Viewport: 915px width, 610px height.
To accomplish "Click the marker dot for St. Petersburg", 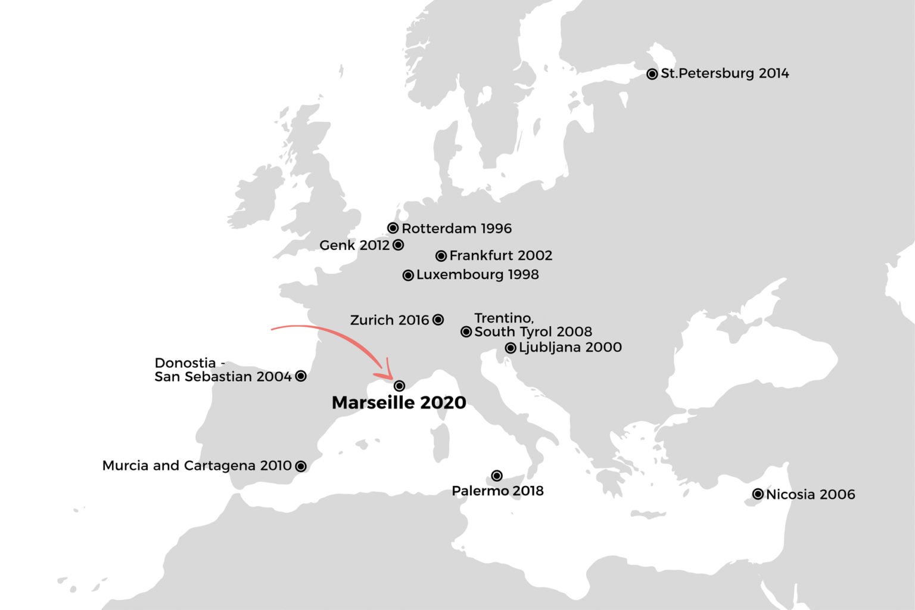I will coord(652,74).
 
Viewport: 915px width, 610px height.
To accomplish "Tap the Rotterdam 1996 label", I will coord(456,228).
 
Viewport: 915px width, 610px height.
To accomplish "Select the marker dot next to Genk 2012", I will coord(399,245).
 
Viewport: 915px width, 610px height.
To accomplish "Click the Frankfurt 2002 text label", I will coord(500,256).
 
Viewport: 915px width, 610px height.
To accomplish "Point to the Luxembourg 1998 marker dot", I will coord(408,275).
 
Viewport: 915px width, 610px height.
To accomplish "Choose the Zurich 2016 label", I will coord(390,320).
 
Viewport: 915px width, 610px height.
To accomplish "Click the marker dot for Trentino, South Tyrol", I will coord(466,332).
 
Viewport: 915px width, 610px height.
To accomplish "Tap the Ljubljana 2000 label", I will coord(570,348).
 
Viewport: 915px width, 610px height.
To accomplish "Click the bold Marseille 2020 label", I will coord(399,403).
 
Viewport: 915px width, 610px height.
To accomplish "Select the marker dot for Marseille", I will coord(399,386).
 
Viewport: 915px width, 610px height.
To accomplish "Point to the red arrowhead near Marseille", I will coord(386,372).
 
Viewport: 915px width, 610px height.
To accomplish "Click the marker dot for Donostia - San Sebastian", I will coord(301,376).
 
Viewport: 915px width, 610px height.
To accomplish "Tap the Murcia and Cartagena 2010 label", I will coord(197,466).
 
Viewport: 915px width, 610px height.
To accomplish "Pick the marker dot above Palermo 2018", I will coord(497,475).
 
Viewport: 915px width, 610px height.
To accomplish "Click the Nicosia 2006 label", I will coord(810,494).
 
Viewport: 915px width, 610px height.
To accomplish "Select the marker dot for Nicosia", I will coord(758,494).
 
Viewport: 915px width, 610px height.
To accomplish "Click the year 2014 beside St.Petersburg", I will coord(774,73).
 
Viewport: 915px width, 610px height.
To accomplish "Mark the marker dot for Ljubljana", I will coord(511,348).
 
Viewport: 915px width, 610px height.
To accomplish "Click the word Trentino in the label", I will coord(503,318).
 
